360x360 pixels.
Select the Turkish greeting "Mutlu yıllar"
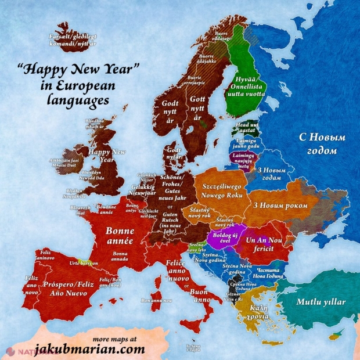point(321,302)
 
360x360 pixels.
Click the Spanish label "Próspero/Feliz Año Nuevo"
point(64,290)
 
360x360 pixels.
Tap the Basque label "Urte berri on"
point(83,262)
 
